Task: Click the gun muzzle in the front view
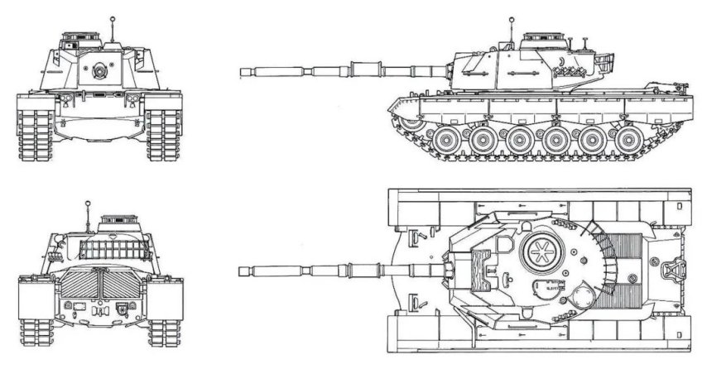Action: [x=100, y=70]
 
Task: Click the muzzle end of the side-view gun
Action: [x=243, y=72]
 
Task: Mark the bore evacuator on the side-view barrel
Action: [x=361, y=69]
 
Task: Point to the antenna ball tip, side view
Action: [x=512, y=17]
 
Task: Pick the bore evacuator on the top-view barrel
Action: [x=361, y=271]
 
